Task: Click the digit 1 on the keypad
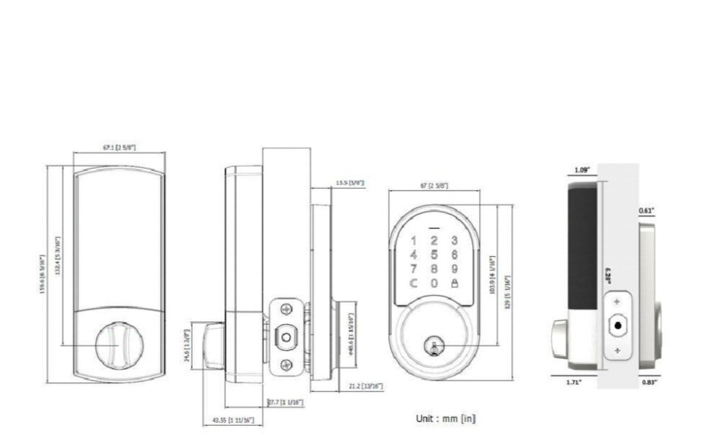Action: (x=414, y=240)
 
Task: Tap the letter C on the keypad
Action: (x=414, y=283)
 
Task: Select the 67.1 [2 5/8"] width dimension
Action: (x=119, y=148)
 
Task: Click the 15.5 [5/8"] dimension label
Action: (x=350, y=183)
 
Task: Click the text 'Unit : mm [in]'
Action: (x=445, y=418)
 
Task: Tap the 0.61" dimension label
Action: (x=646, y=211)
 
